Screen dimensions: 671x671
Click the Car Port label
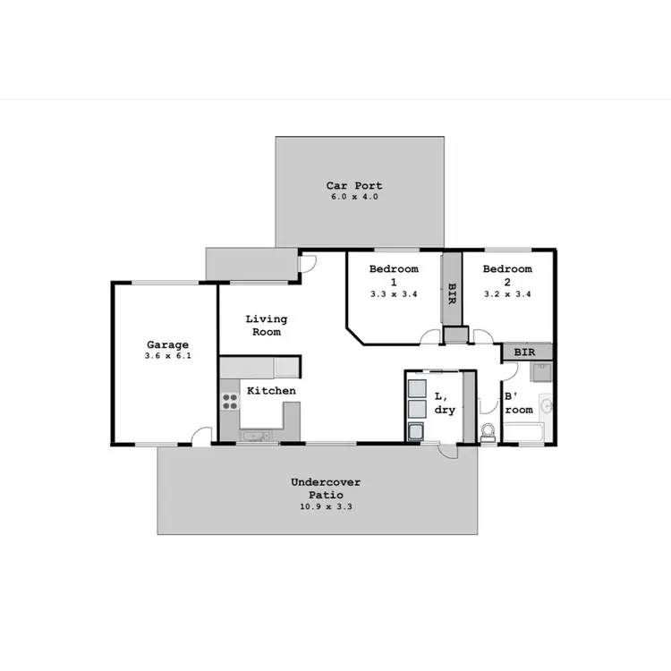click(x=353, y=186)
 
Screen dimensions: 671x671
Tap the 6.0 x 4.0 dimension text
click(x=353, y=197)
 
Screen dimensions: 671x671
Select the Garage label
click(x=167, y=344)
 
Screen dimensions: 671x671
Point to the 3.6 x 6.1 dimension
click(x=167, y=356)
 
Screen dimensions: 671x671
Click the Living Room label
click(x=266, y=325)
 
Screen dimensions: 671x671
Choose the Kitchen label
click(x=271, y=391)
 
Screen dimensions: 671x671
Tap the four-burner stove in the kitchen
click(x=230, y=402)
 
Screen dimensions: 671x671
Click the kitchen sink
click(x=257, y=437)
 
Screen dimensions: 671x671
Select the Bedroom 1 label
click(x=395, y=275)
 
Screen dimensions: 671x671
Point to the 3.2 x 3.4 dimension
click(x=507, y=293)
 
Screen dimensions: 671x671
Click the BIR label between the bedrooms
click(x=452, y=293)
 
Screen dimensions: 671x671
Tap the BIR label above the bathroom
click(x=525, y=352)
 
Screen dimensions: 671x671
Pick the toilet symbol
click(x=488, y=433)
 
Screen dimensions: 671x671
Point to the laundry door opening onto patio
click(x=447, y=451)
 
